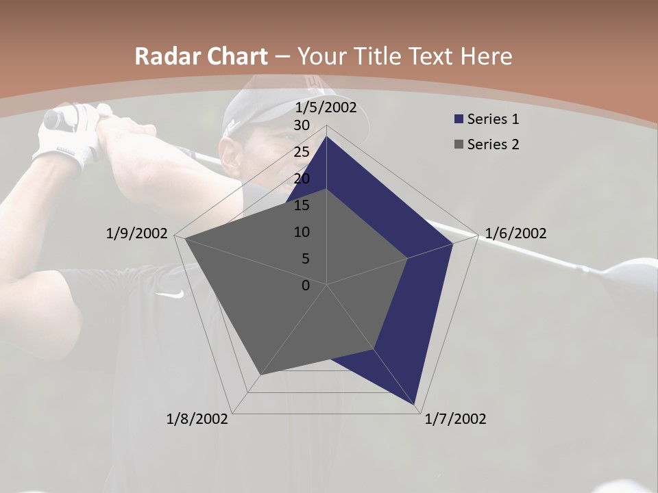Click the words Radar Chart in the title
pyautogui.click(x=200, y=57)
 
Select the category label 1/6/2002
pyautogui.click(x=515, y=233)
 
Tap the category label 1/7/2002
pyautogui.click(x=455, y=419)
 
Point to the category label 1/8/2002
pyautogui.click(x=197, y=419)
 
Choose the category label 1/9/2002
pyautogui.click(x=137, y=233)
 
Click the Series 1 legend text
pyautogui.click(x=493, y=119)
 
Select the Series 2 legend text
pyautogui.click(x=493, y=144)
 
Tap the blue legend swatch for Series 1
pyautogui.click(x=459, y=119)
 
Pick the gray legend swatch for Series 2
pyautogui.click(x=459, y=144)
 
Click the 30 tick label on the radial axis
pyautogui.click(x=302, y=125)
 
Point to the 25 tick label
pyautogui.click(x=302, y=152)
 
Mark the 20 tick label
pyautogui.click(x=302, y=179)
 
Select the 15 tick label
pyautogui.click(x=302, y=205)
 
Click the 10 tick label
pyautogui.click(x=302, y=232)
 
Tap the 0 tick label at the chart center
pyautogui.click(x=306, y=286)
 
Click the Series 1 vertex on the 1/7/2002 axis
pyautogui.click(x=415, y=405)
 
